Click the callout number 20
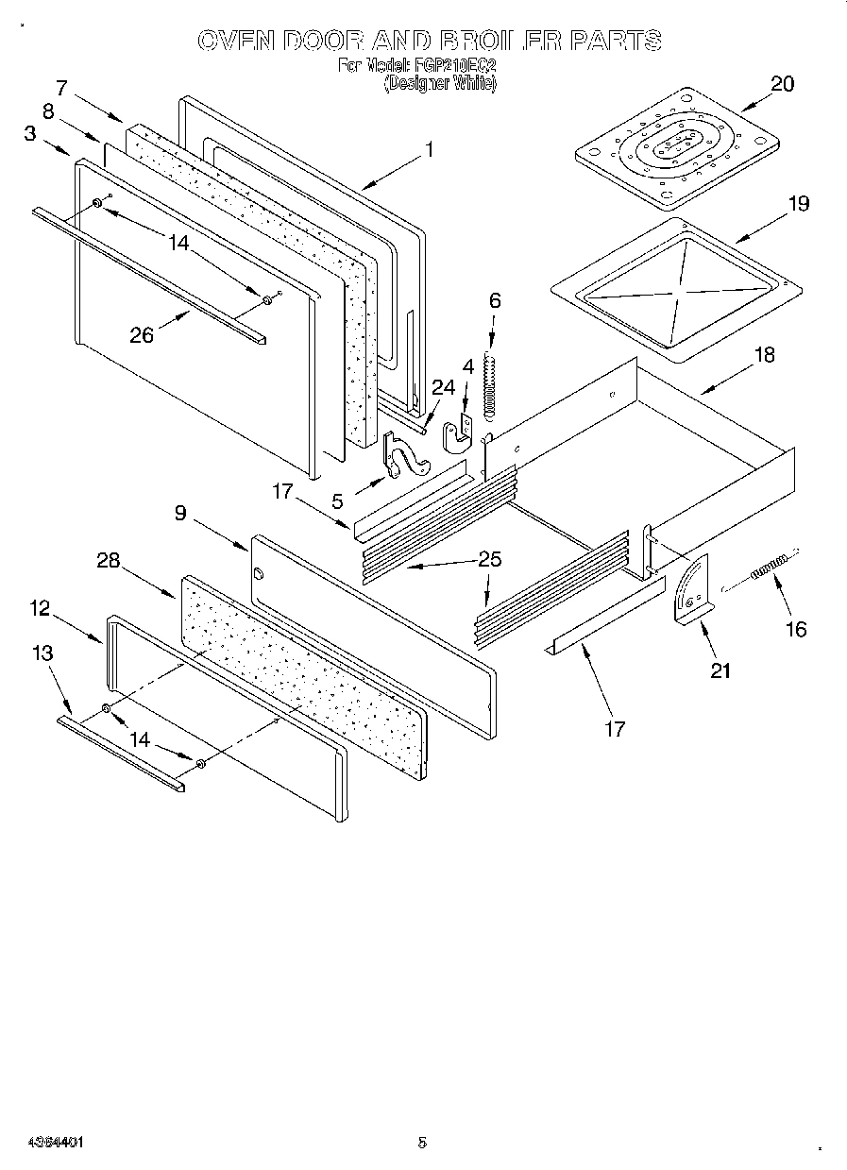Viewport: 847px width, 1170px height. pos(782,83)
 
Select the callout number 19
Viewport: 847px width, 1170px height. pos(799,203)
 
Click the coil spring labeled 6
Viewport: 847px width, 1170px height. pos(489,384)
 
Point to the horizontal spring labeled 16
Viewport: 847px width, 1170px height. pos(771,568)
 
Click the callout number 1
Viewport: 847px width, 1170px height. pos(429,148)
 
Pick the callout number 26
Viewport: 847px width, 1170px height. pos(142,334)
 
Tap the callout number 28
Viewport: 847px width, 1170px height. pos(109,560)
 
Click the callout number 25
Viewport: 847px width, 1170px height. pos(489,559)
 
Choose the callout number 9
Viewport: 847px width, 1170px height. pos(179,513)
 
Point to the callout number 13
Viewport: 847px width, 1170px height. pos(42,653)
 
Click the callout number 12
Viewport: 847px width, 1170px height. pos(39,608)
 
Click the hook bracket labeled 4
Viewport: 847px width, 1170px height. pos(458,430)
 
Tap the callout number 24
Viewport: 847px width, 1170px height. pos(443,386)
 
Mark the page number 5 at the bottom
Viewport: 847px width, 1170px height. pos(422,1142)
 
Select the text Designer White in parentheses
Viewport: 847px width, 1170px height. pos(439,83)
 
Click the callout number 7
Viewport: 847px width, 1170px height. pos(62,88)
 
